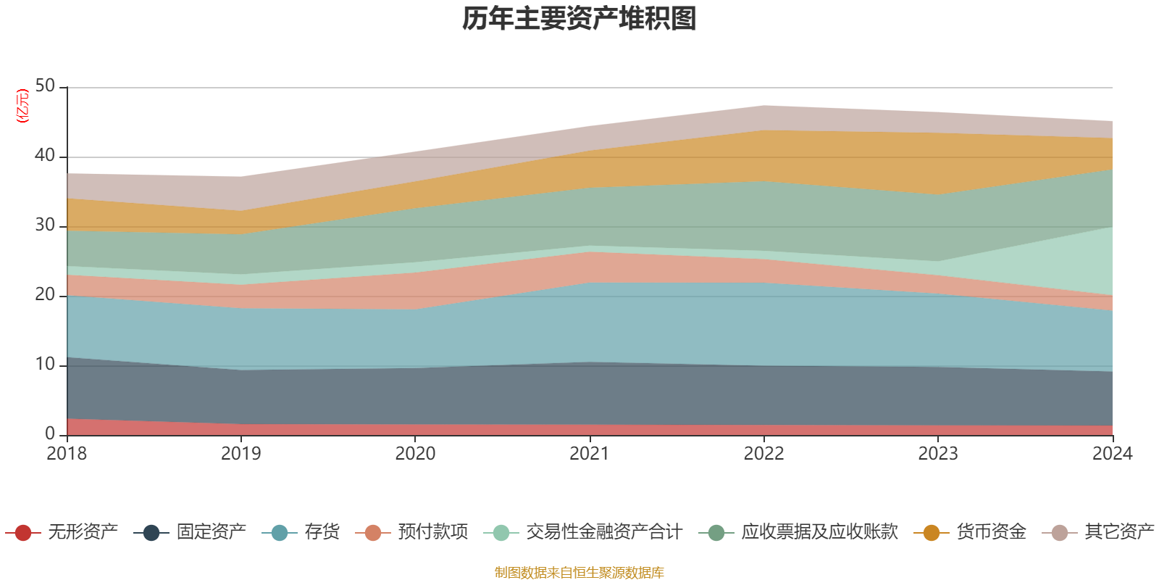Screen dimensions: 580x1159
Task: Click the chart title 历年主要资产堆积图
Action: click(579, 19)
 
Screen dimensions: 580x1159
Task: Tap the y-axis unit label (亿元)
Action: click(22, 106)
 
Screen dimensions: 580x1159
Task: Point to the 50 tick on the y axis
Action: click(45, 86)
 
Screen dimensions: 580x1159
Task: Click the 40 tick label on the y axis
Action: click(45, 156)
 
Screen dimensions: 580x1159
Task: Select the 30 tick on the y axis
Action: click(45, 225)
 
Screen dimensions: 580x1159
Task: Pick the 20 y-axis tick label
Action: click(45, 295)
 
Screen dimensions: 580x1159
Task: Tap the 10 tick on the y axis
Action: click(45, 365)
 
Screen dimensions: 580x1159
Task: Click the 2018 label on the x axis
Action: click(67, 454)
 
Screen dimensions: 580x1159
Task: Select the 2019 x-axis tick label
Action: click(240, 454)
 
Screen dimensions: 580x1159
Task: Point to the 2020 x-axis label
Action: click(415, 454)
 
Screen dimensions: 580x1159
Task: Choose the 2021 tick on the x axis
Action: click(590, 454)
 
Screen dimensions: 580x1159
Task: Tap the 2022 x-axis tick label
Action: click(763, 454)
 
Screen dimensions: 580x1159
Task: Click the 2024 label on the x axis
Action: click(1112, 454)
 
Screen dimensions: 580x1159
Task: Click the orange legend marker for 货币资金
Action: click(932, 533)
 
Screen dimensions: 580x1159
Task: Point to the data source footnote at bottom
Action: click(579, 573)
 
